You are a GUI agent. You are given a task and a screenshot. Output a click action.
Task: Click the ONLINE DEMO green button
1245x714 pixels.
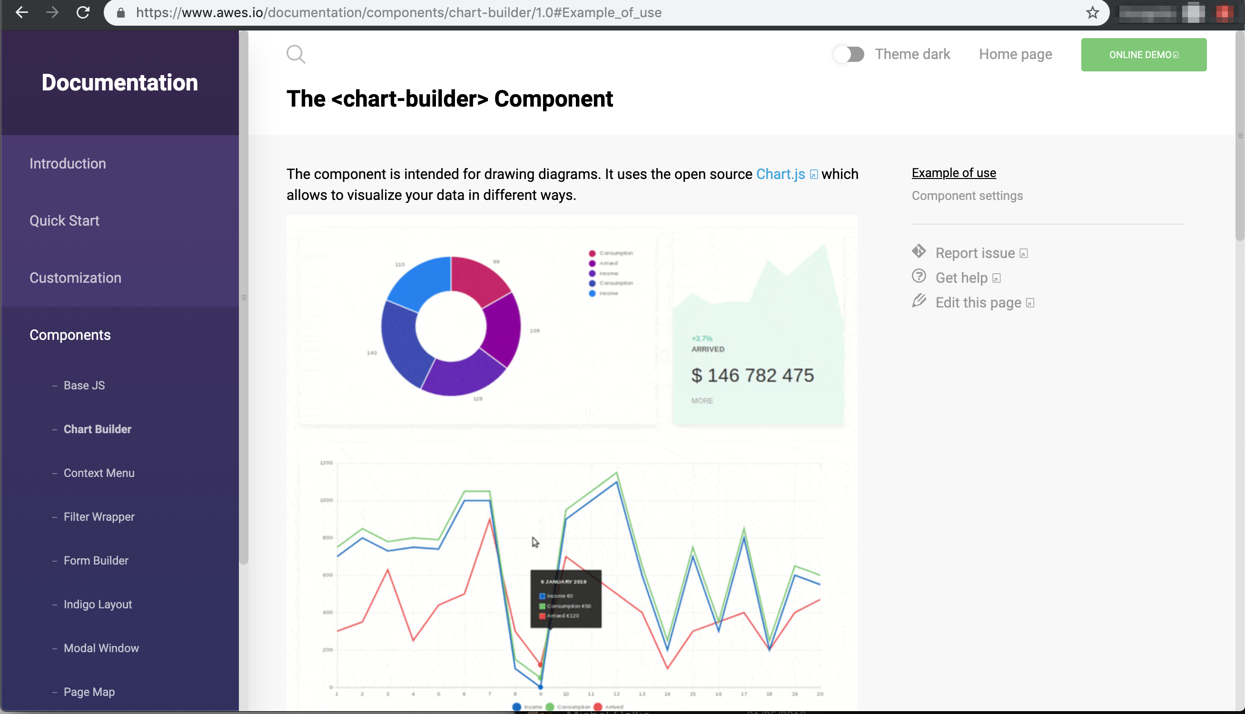pyautogui.click(x=1143, y=54)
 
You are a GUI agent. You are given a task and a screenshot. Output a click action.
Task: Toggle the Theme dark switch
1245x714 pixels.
pyautogui.click(x=849, y=54)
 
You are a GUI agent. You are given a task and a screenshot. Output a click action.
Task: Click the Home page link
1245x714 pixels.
pyautogui.click(x=1015, y=54)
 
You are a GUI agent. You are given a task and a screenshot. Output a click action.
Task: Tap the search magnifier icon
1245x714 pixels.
pyautogui.click(x=296, y=54)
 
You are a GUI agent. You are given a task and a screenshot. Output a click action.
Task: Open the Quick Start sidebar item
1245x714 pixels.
pyautogui.click(x=64, y=221)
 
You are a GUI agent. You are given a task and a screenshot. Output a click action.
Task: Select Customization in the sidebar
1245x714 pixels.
pyautogui.click(x=75, y=278)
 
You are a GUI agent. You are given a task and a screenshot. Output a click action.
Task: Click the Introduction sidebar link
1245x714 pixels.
pyautogui.click(x=68, y=163)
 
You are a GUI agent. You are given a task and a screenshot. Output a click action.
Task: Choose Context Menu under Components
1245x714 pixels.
pyautogui.click(x=99, y=473)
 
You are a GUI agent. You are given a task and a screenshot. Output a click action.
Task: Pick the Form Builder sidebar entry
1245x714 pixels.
pyautogui.click(x=96, y=561)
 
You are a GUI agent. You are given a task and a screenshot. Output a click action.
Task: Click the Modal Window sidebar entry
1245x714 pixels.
pyautogui.click(x=101, y=648)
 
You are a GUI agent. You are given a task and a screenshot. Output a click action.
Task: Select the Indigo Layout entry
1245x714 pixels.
pyautogui.click(x=98, y=604)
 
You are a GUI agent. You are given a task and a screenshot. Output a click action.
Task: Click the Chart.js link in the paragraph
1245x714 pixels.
pyautogui.click(x=781, y=174)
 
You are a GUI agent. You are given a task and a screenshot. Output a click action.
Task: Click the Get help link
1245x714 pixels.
pyautogui.click(x=961, y=278)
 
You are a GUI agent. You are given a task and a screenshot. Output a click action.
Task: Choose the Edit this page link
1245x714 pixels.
pyautogui.click(x=978, y=303)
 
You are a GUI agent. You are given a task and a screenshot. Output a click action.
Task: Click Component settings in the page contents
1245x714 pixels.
pyautogui.click(x=967, y=196)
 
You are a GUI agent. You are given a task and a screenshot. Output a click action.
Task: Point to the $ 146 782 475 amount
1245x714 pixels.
pyautogui.click(x=752, y=375)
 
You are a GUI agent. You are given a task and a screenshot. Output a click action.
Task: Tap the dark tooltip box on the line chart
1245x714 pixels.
pyautogui.click(x=566, y=598)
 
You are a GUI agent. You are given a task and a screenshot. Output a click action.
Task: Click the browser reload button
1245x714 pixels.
pyautogui.click(x=83, y=12)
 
